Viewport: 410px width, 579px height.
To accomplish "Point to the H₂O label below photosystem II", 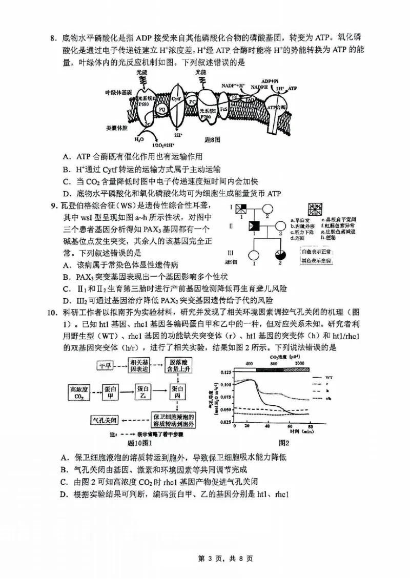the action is tap(139, 139).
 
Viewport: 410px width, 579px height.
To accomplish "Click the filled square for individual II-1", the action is tap(253, 225).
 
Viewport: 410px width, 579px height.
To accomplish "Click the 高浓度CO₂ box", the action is tap(79, 392).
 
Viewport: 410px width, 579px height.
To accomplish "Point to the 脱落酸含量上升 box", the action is tap(178, 366).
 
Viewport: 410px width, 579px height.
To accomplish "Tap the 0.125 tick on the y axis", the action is tap(224, 371).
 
